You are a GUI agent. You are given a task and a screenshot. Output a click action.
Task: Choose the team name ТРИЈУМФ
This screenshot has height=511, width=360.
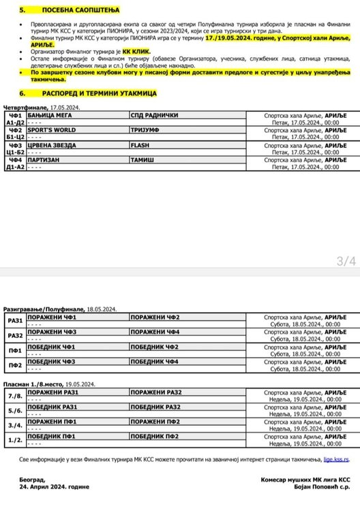point(144,129)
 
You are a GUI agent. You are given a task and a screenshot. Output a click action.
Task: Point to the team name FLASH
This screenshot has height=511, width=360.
point(139,145)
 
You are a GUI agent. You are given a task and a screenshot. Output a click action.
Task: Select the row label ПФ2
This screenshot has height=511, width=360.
point(14,365)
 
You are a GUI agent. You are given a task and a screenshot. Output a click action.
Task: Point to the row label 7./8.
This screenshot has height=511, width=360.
point(14,395)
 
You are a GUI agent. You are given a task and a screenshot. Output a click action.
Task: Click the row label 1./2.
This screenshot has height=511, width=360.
point(14,439)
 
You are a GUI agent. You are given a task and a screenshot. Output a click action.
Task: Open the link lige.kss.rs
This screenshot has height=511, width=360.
point(340,461)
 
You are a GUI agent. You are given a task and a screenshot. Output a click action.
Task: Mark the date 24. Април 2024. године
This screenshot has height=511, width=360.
point(55,488)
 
